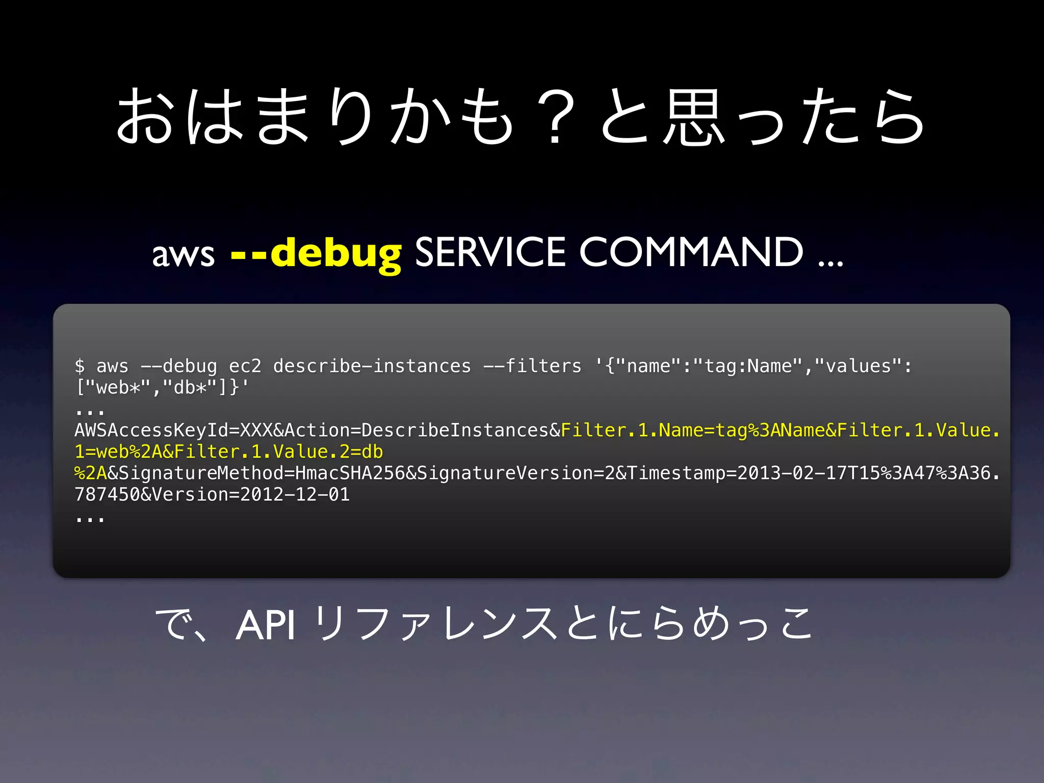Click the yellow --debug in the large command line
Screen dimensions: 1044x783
(x=316, y=253)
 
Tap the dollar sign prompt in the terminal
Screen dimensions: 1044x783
(x=80, y=366)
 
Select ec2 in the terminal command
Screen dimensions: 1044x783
(x=245, y=366)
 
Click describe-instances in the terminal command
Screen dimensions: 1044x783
(x=372, y=366)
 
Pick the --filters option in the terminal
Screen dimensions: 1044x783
(x=532, y=366)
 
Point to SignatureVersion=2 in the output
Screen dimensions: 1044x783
(x=515, y=473)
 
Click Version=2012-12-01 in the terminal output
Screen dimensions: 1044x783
(x=251, y=494)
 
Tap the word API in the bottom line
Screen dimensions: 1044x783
(x=266, y=625)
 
